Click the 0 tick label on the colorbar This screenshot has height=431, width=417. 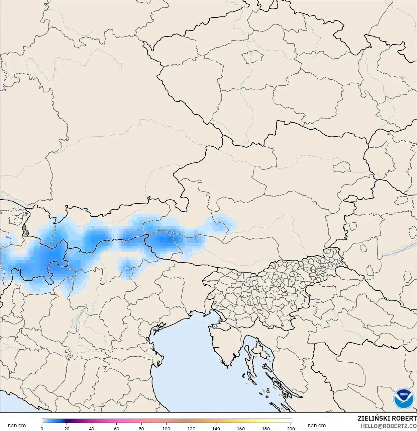42,428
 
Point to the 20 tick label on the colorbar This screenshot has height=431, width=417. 67,428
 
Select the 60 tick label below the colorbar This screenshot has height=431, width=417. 116,428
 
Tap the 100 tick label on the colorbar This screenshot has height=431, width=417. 166,428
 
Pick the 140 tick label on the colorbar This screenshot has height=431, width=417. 216,428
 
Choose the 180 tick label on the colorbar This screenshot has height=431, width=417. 266,428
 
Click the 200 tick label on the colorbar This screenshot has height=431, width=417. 291,428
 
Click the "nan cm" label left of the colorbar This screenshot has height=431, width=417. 17,426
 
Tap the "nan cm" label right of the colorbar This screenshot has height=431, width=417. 317,426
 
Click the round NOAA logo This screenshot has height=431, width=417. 404,399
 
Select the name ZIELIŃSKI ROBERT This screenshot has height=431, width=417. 387,418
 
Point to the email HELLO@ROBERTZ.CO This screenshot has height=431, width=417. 389,426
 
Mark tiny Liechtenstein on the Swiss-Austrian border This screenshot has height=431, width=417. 25,230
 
